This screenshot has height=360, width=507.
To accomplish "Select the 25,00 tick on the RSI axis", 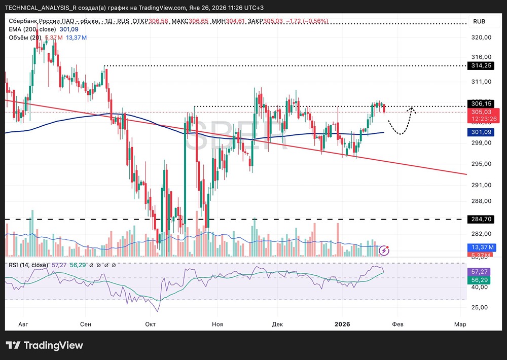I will click(x=479, y=307).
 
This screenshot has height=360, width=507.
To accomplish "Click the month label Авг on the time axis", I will click(x=23, y=323).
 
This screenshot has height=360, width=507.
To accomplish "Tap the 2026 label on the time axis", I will click(x=343, y=323).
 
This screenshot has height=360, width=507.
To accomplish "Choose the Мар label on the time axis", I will click(x=460, y=323).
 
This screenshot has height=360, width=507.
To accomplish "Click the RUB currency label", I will click(x=479, y=22).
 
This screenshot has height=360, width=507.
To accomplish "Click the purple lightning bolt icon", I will click(x=384, y=250).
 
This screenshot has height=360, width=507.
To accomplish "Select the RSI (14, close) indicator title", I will click(x=28, y=265).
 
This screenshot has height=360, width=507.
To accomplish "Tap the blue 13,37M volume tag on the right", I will click(x=479, y=247).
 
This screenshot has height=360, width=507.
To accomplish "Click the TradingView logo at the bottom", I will click(x=45, y=346).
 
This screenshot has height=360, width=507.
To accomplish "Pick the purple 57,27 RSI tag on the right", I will click(x=479, y=272).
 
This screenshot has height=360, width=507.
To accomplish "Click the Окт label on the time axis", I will click(x=150, y=323).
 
